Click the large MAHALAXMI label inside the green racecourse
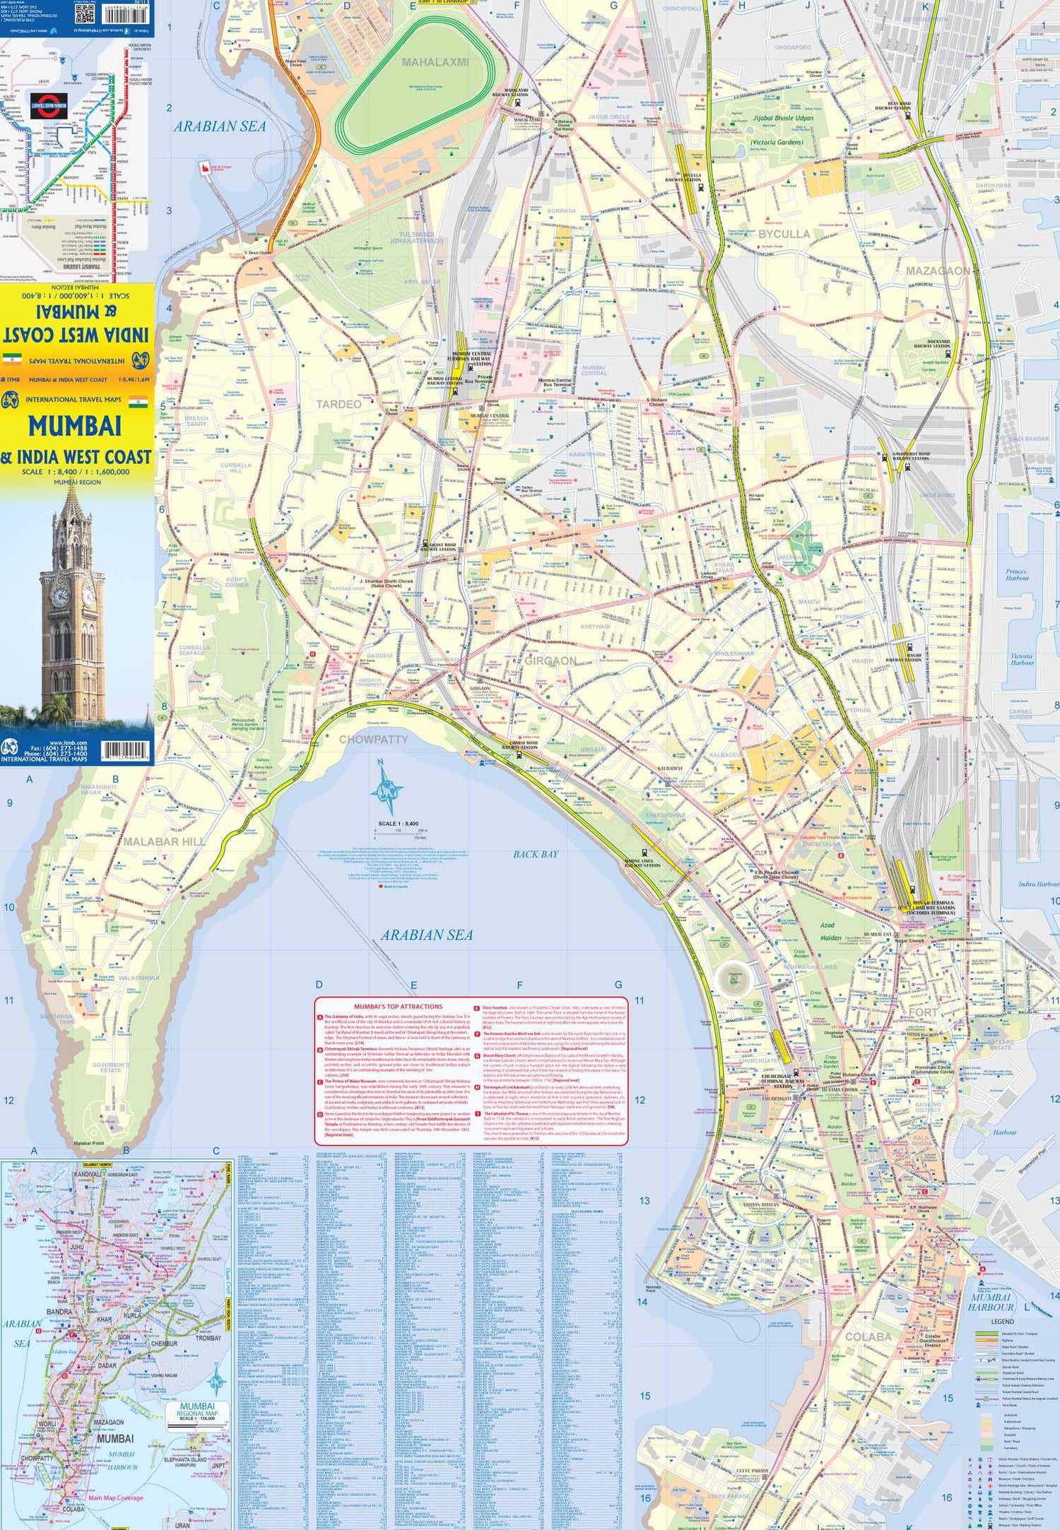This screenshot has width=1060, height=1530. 435,62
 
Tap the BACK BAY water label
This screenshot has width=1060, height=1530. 535,854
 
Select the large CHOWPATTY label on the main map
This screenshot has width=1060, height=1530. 374,739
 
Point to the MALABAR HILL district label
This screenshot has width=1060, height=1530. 165,841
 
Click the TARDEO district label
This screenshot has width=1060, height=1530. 338,404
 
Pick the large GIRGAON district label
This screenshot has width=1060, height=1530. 550,660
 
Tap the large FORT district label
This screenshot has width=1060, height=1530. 922,1012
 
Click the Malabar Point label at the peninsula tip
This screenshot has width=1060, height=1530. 88,1143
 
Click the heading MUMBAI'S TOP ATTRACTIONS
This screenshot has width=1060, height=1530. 398,1007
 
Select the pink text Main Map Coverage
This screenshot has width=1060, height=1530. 115,1498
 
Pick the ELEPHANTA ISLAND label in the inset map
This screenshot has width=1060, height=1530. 186,1460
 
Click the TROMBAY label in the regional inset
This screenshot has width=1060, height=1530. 208,1338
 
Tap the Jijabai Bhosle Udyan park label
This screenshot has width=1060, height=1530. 782,119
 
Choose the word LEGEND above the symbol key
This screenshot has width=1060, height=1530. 1002,1321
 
